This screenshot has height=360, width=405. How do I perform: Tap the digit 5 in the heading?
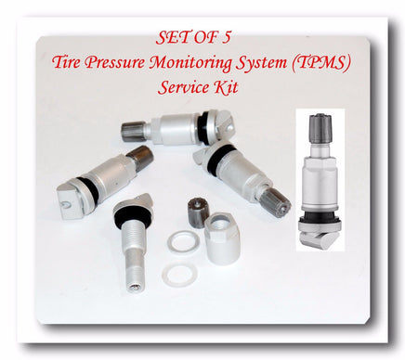(226, 38)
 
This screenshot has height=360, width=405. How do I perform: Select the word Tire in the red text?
(65, 62)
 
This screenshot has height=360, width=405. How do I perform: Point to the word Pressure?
(115, 62)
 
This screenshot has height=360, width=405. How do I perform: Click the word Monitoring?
(191, 63)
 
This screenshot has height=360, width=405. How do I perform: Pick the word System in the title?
(261, 63)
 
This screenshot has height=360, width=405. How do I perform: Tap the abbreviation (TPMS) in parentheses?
(320, 63)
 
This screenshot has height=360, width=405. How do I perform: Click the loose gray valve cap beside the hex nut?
(196, 210)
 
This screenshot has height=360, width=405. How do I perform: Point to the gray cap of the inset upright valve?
(320, 126)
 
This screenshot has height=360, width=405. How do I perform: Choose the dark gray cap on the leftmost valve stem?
(140, 157)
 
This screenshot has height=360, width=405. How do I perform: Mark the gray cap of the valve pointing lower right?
(278, 201)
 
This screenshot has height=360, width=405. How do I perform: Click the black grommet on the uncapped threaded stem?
(134, 212)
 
